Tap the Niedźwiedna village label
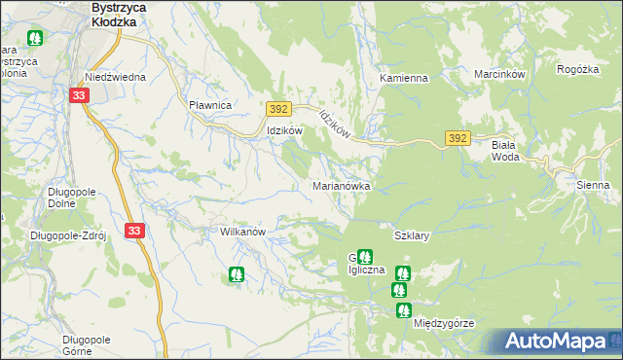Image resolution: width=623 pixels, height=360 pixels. pyautogui.click(x=115, y=76)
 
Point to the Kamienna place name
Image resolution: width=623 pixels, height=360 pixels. pyautogui.click(x=404, y=77)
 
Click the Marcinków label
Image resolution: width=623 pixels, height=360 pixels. pyautogui.click(x=499, y=74)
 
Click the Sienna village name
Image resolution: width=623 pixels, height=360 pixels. pyautogui.click(x=592, y=184)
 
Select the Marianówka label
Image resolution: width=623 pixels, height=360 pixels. pyautogui.click(x=340, y=184)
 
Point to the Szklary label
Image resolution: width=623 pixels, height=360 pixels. pyautogui.click(x=412, y=235)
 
